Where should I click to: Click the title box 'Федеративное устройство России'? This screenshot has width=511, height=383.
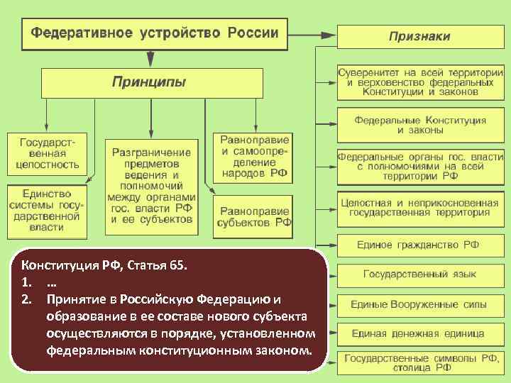click(x=155, y=33)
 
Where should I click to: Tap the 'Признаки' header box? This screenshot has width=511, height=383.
click(x=419, y=36)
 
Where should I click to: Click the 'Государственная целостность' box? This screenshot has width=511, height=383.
click(x=48, y=153)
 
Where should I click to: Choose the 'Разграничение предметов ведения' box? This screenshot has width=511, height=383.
click(x=151, y=186)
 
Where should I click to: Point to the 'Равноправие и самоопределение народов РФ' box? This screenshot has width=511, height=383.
click(x=252, y=157)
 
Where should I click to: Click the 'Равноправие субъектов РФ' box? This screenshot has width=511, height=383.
click(x=252, y=216)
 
